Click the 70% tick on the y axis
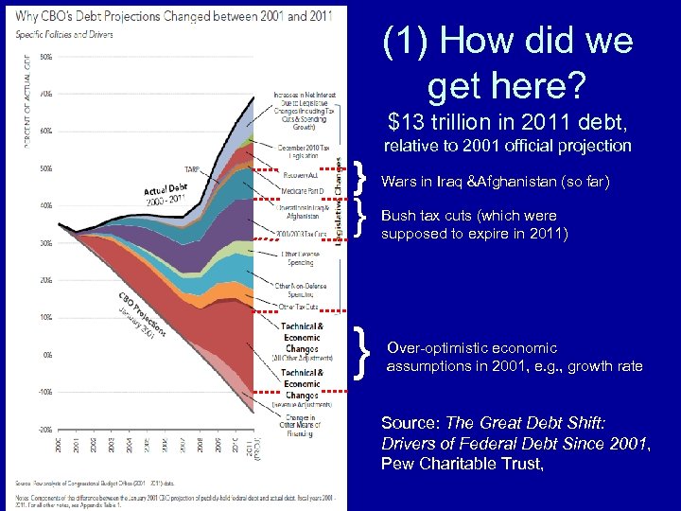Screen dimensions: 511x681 46,94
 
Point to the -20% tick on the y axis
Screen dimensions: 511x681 44,429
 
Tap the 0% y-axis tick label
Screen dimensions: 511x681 47,355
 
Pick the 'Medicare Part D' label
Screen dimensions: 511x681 302,190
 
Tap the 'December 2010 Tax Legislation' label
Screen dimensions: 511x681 304,151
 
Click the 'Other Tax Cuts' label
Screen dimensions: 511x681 299,308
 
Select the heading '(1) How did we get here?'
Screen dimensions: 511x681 507,63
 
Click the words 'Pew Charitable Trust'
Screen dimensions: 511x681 462,463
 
